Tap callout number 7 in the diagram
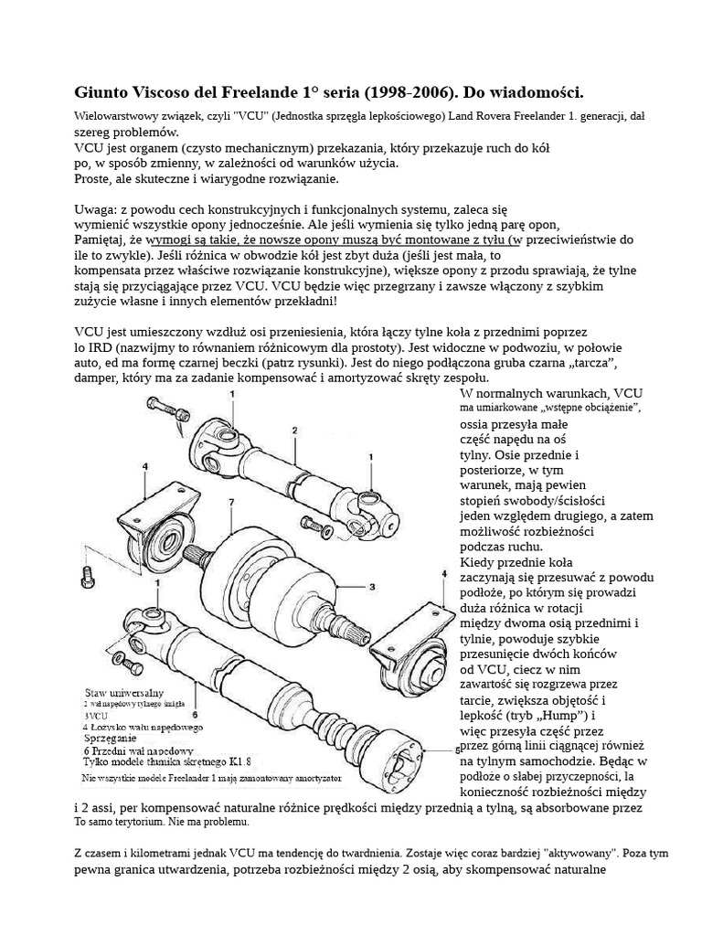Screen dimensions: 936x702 (x=232, y=502)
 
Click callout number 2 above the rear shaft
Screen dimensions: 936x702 (x=294, y=429)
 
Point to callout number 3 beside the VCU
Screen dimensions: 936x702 (x=372, y=586)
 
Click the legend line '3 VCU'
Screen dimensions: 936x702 (x=96, y=715)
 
